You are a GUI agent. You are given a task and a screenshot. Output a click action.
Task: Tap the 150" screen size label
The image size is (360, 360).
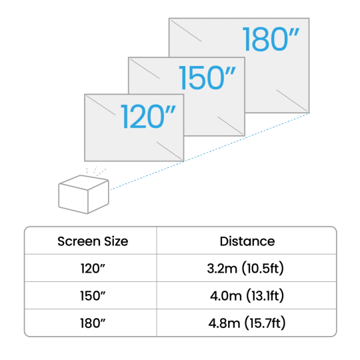coord(207,79)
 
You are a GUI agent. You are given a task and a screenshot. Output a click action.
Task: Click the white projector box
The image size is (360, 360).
coord(83,195)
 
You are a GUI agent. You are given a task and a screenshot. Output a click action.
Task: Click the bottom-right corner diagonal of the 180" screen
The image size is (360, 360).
coord(293,100)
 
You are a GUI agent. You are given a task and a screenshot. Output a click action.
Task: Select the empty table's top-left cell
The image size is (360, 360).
coord(91,240)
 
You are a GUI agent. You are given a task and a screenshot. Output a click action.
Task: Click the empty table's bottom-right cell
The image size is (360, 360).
coord(246,323)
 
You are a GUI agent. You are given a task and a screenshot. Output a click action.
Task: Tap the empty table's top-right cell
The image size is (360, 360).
coord(246,240)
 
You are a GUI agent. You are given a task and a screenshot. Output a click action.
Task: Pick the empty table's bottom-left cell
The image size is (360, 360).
coord(91,323)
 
